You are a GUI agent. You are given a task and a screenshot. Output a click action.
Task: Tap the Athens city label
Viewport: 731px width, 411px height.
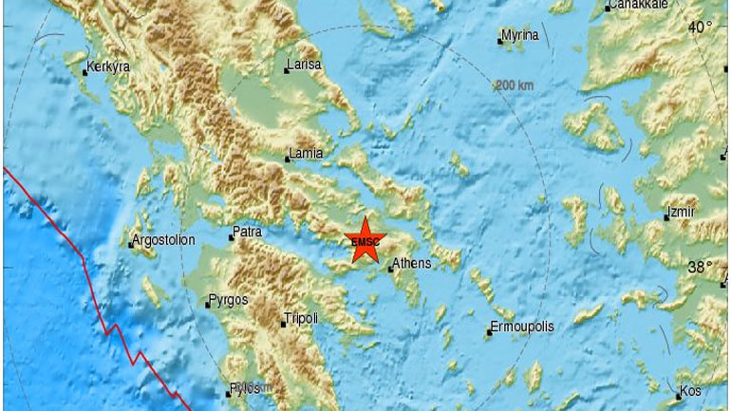point(412,263)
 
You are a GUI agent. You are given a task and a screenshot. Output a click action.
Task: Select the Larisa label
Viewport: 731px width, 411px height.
point(304,66)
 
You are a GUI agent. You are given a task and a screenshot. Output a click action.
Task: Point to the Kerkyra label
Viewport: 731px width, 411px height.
point(107,67)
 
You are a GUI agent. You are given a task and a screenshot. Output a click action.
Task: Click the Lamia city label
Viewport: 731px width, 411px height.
point(307,153)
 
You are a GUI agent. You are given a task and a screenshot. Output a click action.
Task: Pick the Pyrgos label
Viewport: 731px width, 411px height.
point(227,301)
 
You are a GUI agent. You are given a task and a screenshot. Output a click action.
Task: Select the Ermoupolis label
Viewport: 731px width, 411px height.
point(522,327)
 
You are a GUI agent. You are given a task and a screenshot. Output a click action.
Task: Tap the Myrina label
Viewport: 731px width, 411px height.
point(520,35)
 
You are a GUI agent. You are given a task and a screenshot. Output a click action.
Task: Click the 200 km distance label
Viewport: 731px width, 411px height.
point(514,85)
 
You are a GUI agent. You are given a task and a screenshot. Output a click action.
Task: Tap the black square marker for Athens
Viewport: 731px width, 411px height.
point(390,269)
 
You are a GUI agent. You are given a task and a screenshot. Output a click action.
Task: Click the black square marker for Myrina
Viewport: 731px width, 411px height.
point(500,40)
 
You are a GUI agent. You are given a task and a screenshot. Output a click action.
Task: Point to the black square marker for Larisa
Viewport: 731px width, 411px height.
point(287,69)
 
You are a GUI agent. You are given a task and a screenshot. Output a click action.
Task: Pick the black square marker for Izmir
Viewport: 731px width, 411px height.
point(667,217)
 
